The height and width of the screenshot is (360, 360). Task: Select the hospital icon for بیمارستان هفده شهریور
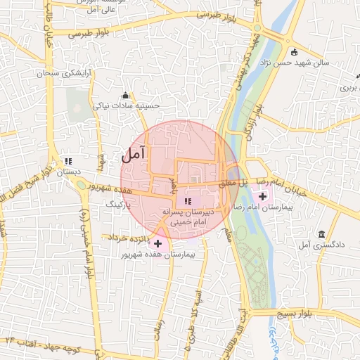(157, 243)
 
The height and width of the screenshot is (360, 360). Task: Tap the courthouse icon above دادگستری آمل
(321, 233)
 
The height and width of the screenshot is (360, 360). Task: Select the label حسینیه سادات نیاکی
(127, 105)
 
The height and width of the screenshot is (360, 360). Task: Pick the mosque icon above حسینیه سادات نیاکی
(126, 95)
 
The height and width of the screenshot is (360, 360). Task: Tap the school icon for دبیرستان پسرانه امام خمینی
(186, 202)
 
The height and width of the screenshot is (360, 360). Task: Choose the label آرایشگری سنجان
(48, 73)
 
